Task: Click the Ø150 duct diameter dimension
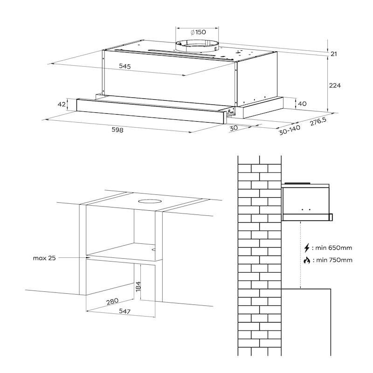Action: coord(198,32)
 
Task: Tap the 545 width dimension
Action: coord(125,66)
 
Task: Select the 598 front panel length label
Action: coord(117,130)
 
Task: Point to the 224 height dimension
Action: coord(335,85)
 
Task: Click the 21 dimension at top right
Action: coord(334,54)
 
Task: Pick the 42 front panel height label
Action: coord(62,104)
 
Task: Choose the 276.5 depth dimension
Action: coord(318,122)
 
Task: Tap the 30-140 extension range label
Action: coord(290,130)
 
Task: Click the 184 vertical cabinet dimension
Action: coord(138,286)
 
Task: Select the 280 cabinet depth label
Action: coord(112,301)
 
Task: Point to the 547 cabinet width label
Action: coord(125,311)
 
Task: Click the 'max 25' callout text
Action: coord(44,258)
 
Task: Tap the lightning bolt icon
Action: coord(307,248)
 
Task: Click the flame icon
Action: coord(307,260)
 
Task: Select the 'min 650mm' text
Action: coord(333,248)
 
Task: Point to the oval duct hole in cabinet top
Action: coord(149,201)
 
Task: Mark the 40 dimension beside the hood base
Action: coord(302,104)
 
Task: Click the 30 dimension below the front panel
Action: coord(234,128)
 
